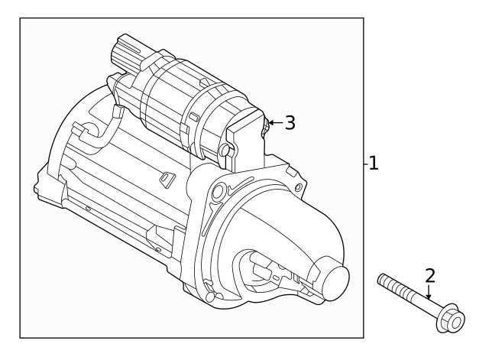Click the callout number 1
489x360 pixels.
[373, 163]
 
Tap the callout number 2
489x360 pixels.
[429, 275]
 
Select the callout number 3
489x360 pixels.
[290, 122]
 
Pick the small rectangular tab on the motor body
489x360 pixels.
[165, 179]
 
